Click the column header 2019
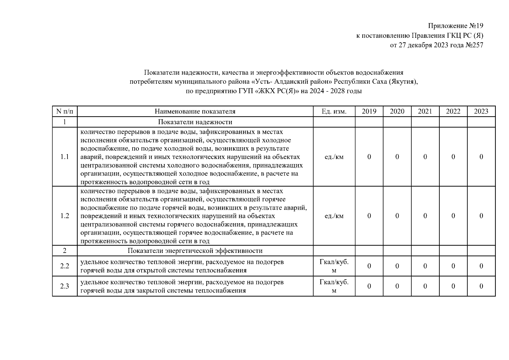click(x=369, y=112)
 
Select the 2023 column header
click(x=481, y=112)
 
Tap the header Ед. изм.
click(x=334, y=112)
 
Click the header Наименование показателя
click(x=195, y=112)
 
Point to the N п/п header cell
click(x=64, y=112)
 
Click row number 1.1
click(x=64, y=157)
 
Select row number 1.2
click(x=64, y=216)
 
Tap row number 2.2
click(x=64, y=266)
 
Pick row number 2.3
click(x=64, y=286)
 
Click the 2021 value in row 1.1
click(x=425, y=157)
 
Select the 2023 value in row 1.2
click(x=481, y=216)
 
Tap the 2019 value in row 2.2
click(x=369, y=266)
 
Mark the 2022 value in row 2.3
click(x=453, y=286)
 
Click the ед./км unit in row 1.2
click(x=334, y=216)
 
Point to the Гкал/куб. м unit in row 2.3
click(x=334, y=286)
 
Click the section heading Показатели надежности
click(x=195, y=122)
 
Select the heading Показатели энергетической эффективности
click(x=195, y=251)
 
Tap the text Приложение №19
click(x=456, y=26)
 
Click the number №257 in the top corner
click(x=474, y=45)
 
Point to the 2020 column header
click(x=397, y=112)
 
